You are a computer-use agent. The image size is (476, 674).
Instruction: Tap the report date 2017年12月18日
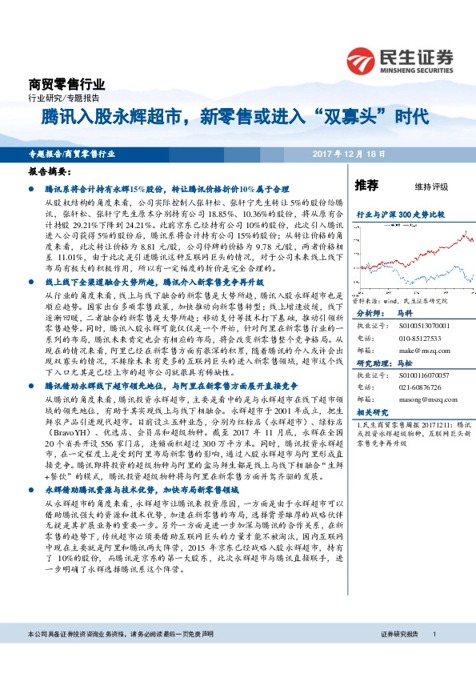pyautogui.click(x=349, y=153)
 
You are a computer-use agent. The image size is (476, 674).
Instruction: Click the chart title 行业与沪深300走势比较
pyautogui.click(x=400, y=215)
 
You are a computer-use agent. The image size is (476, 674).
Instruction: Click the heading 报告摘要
pyautogui.click(x=47, y=171)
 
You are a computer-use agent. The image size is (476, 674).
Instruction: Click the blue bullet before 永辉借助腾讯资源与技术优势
pyautogui.click(x=36, y=487)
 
